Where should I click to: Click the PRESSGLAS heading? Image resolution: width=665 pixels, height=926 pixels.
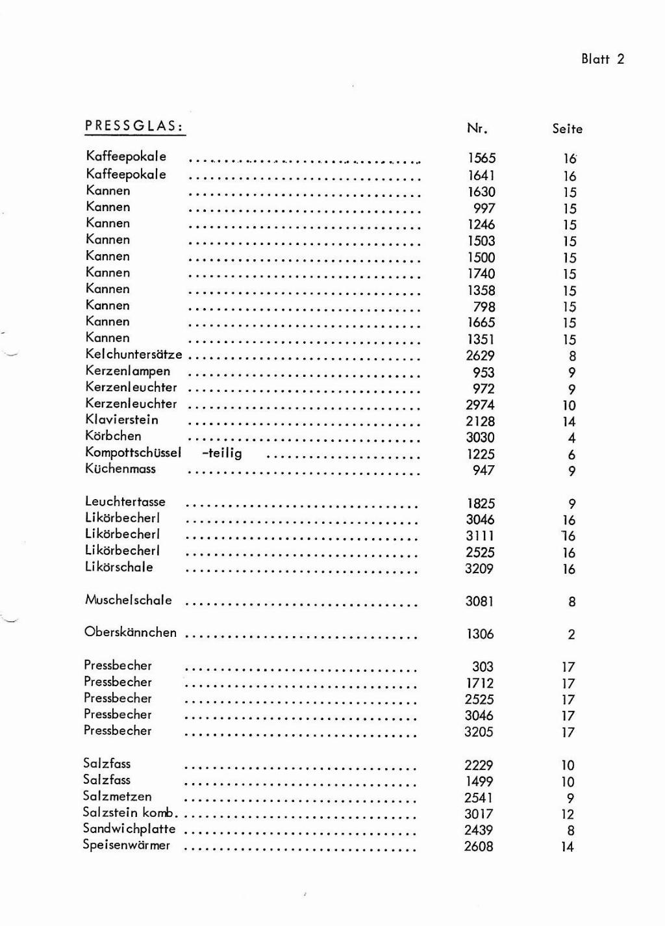[x=134, y=126]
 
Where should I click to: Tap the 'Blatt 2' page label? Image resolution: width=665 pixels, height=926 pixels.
[x=602, y=59]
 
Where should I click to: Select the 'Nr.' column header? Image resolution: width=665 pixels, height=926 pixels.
[x=477, y=128]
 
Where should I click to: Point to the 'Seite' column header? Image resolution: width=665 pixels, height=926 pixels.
[x=567, y=129]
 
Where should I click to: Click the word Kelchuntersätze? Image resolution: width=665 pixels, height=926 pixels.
[x=134, y=355]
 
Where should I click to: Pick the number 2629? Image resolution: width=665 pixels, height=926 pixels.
[x=480, y=356]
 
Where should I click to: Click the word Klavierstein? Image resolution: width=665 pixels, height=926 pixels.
[x=121, y=420]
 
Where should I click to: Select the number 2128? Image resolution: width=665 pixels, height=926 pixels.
[x=480, y=421]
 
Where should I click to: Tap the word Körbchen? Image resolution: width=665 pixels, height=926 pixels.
[x=113, y=436]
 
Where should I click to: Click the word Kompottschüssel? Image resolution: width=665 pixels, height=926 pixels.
[x=133, y=453]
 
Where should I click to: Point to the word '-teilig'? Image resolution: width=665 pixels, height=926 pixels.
[x=221, y=453]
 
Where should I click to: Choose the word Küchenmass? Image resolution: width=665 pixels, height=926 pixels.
[x=120, y=469]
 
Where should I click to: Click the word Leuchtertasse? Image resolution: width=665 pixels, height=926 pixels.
[x=125, y=502]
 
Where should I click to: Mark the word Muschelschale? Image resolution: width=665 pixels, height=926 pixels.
[x=128, y=600]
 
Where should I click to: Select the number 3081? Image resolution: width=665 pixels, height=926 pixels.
[x=479, y=602]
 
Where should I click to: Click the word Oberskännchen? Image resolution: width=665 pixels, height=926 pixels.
[x=130, y=632]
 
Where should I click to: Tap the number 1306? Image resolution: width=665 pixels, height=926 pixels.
[x=479, y=634]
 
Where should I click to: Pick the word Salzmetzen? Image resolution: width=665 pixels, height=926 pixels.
[x=117, y=796]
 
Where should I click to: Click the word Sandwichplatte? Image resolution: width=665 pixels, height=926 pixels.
[x=129, y=829]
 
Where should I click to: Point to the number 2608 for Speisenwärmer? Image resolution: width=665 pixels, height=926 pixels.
[x=479, y=846]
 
